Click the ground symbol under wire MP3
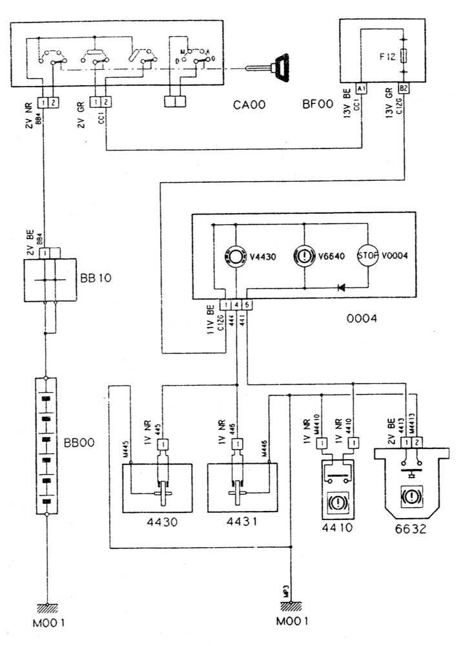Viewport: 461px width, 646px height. (292, 607)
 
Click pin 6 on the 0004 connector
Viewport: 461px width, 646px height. (248, 304)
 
